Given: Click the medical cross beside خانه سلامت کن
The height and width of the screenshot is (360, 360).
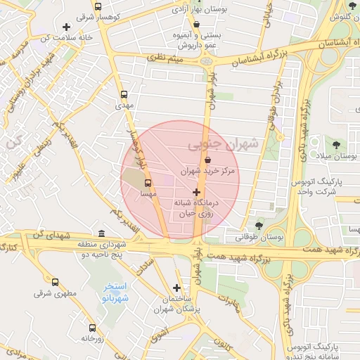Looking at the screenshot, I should (65, 27).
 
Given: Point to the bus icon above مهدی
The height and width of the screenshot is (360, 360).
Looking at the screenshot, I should (124, 94).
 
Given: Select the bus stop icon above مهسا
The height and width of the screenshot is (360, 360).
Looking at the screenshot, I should (147, 183).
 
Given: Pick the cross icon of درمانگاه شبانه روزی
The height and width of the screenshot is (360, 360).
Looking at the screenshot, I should (196, 191).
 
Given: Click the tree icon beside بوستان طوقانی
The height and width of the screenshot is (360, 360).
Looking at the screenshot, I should (259, 226).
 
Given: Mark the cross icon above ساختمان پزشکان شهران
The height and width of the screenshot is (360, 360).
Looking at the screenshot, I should (176, 287).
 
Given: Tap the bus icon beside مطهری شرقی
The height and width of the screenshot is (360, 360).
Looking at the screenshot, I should (55, 282).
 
